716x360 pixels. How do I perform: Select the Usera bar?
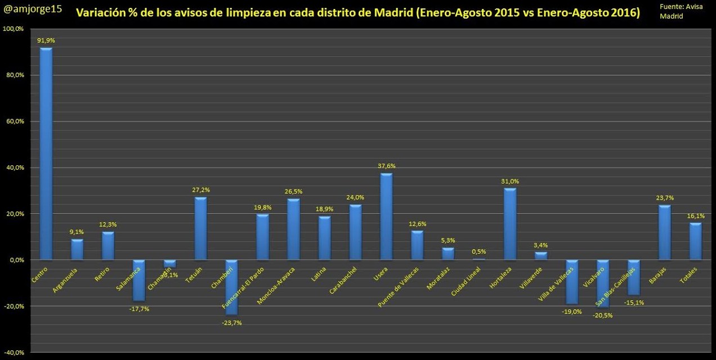pos(386,217)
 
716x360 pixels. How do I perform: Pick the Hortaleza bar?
pos(509,224)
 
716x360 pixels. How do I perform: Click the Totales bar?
pos(695,241)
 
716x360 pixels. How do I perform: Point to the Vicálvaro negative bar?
pos(603,283)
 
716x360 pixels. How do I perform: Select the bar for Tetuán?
pos(200,228)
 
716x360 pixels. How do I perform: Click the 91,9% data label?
pos(46,40)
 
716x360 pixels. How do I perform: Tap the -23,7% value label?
pos(231,323)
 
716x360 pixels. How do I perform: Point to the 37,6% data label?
pos(386,166)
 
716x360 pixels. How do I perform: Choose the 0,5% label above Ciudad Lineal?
pos(478,251)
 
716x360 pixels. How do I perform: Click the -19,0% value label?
pos(572,312)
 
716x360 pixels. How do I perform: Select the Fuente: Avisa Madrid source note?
pos(680,11)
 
